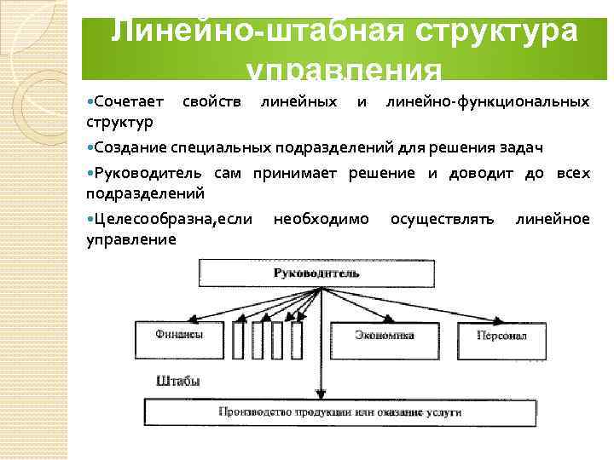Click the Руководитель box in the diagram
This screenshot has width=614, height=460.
316,273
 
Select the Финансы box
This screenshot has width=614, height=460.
178,336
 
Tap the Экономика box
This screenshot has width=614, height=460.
384,336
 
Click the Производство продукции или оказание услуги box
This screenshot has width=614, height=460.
339,412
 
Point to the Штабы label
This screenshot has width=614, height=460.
178,382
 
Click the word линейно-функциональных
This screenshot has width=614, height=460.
487,102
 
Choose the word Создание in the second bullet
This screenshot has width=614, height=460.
130,147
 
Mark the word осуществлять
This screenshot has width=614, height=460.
442,220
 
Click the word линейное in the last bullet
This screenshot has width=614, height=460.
552,220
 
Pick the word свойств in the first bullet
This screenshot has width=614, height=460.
209,102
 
